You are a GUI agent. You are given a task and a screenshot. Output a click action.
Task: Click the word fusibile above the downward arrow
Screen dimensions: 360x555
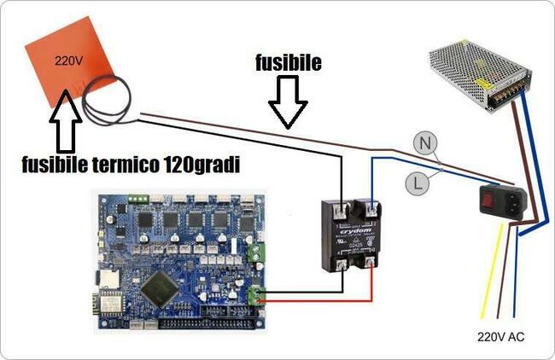coord(288,64)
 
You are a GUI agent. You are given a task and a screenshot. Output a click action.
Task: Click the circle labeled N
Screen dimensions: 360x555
coord(424,144)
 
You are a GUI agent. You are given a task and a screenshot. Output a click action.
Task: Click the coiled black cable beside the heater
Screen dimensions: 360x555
coord(107,98)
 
